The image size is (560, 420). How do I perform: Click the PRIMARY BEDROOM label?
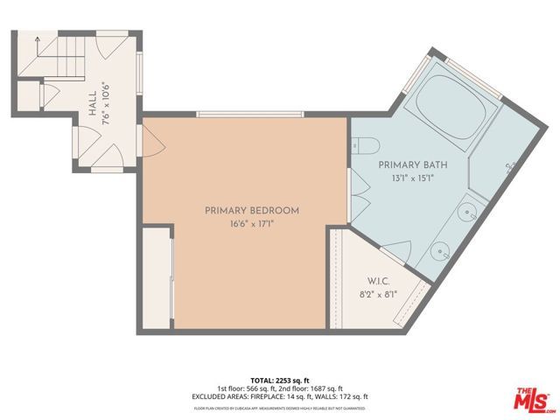click(x=252, y=210)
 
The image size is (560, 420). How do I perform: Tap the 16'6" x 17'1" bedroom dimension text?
click(x=252, y=224)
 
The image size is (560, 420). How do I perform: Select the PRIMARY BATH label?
click(x=406, y=164)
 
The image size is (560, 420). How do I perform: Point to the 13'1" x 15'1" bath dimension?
click(x=406, y=178)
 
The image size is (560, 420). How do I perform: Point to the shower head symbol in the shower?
click(x=507, y=166)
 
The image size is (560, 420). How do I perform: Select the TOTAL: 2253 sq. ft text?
click(x=280, y=381)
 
